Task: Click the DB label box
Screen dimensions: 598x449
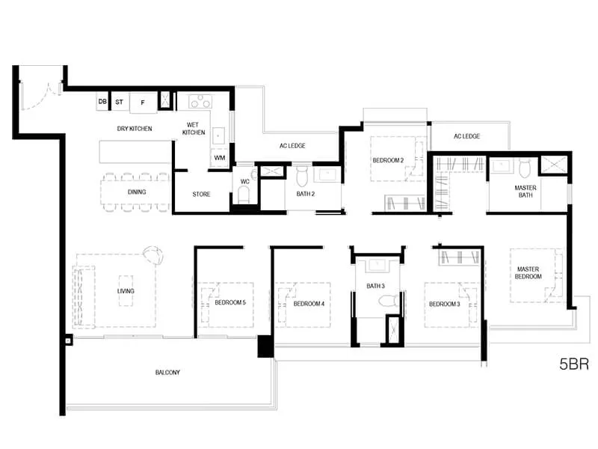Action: tap(102, 102)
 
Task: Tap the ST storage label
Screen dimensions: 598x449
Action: tap(120, 102)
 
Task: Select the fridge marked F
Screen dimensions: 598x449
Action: tap(143, 103)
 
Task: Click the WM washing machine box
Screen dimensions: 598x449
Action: tap(219, 158)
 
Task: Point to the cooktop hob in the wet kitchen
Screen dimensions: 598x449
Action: tap(200, 102)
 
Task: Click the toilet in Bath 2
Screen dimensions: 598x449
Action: tap(302, 176)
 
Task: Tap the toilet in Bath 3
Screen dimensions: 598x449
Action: tap(389, 300)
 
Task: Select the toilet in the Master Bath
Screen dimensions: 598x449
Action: tap(525, 168)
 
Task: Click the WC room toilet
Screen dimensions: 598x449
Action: tap(244, 195)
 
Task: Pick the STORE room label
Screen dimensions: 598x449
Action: tap(201, 195)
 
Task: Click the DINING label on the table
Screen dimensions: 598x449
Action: tap(137, 192)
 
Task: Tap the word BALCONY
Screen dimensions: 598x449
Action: tap(167, 372)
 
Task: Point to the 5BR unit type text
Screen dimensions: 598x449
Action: tap(574, 364)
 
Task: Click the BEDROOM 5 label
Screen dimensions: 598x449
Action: tap(230, 302)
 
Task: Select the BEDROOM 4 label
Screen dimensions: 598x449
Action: tap(309, 304)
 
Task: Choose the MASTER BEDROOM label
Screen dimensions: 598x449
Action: tap(528, 272)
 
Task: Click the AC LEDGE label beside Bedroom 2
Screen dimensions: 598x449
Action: tap(466, 136)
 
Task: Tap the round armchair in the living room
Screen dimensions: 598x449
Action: tap(153, 254)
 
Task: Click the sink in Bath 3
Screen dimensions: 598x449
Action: tap(377, 265)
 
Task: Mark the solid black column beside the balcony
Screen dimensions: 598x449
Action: tap(265, 346)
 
